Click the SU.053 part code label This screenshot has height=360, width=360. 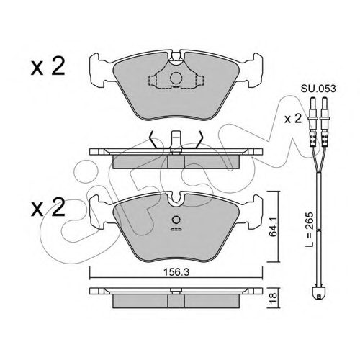(318, 89)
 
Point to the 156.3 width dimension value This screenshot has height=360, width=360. (176, 272)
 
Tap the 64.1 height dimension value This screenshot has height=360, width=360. (274, 226)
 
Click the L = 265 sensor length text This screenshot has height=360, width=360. (310, 229)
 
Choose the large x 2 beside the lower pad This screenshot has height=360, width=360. (48, 207)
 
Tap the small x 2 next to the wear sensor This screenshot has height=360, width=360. (293, 119)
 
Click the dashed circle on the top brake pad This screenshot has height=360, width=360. (176, 78)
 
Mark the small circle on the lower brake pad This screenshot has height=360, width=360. (176, 220)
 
